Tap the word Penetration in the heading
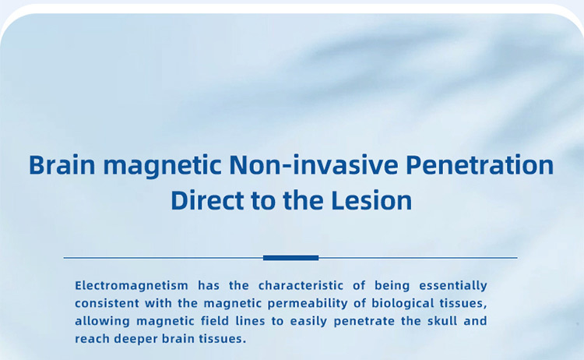(x=480, y=164)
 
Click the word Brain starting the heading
(x=62, y=164)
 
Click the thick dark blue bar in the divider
(x=290, y=257)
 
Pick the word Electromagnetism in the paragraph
(x=132, y=285)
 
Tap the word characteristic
(x=301, y=285)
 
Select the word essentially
(x=453, y=286)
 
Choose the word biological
(x=403, y=304)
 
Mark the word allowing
(x=103, y=321)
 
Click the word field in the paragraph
(x=215, y=321)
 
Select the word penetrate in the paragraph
(x=364, y=322)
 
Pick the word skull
(x=442, y=321)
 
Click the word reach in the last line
(x=92, y=339)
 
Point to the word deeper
(x=135, y=340)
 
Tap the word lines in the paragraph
(x=250, y=321)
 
